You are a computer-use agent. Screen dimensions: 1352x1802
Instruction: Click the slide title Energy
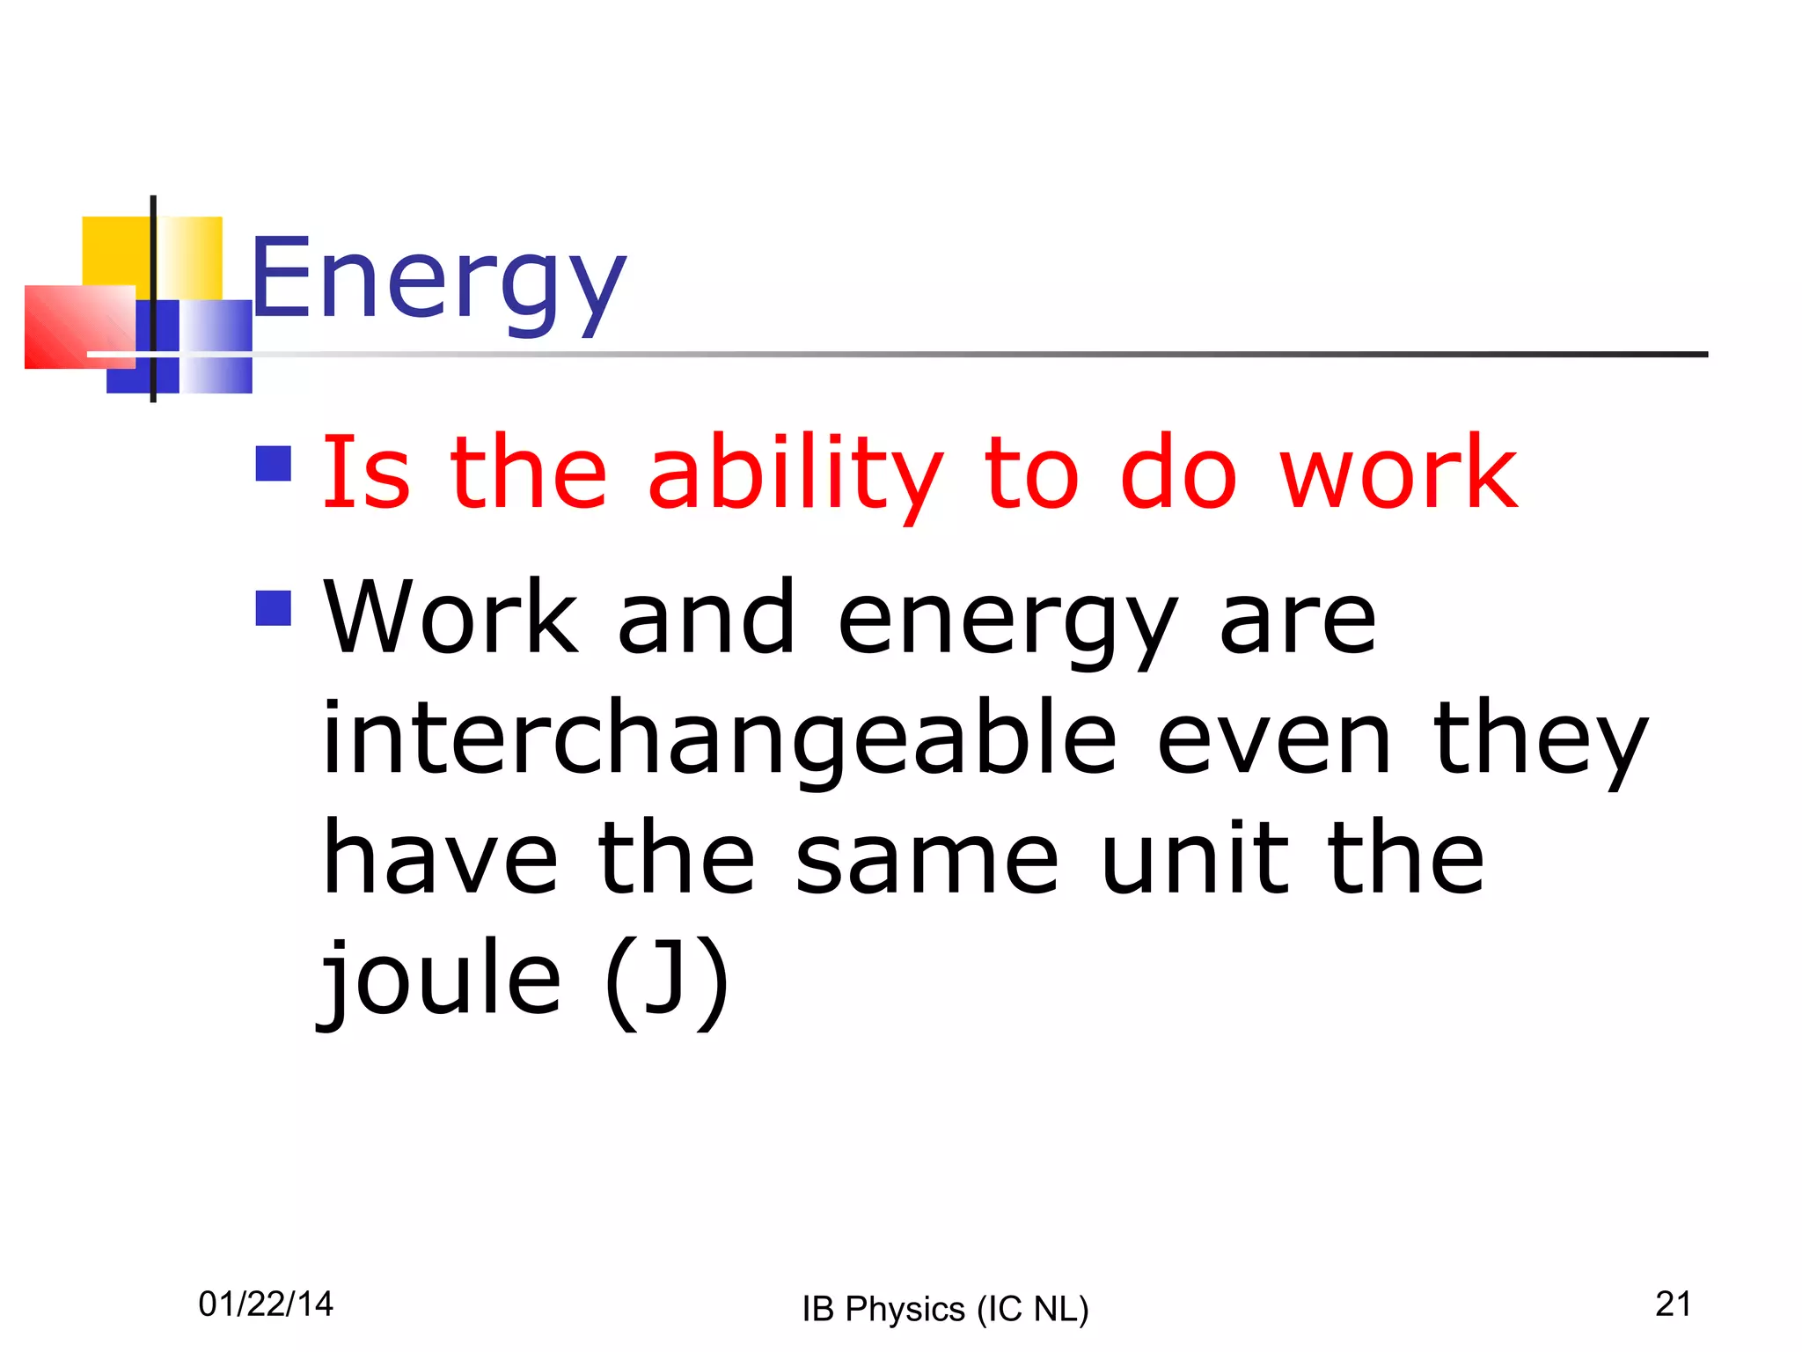pos(438,280)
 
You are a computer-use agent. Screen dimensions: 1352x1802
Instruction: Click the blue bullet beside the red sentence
pos(273,464)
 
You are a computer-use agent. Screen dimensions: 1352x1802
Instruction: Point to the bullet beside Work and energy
pos(273,607)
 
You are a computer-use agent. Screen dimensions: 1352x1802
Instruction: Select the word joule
pos(440,977)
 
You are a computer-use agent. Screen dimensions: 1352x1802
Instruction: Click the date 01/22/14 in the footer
pos(266,1304)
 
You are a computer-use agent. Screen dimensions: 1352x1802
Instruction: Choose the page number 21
pos(1673,1304)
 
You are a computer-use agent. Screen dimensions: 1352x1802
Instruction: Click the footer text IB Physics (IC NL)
pos(945,1309)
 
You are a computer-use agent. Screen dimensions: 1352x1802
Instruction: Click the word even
pos(1274,739)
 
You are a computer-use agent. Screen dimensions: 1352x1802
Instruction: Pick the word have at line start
pos(440,857)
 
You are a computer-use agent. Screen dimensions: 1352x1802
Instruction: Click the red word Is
pos(366,475)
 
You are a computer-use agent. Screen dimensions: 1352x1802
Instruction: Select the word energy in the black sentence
pos(1007,621)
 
